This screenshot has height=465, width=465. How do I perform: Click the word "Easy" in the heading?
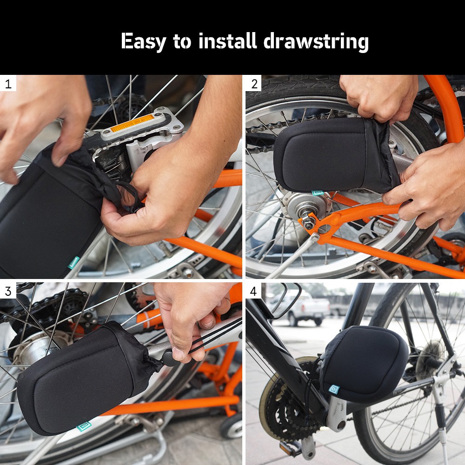pyautogui.click(x=143, y=41)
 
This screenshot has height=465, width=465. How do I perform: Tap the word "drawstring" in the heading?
pyautogui.click(x=316, y=41)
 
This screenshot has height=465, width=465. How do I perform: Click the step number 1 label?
pyautogui.click(x=8, y=84)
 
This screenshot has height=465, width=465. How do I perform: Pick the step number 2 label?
pyautogui.click(x=254, y=84)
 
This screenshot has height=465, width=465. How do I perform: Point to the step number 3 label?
pyautogui.click(x=8, y=291)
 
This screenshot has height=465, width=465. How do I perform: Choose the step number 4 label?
pyautogui.click(x=253, y=291)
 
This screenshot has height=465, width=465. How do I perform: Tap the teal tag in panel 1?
pyautogui.click(x=73, y=262)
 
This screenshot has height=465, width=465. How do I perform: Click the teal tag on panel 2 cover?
pyautogui.click(x=318, y=193)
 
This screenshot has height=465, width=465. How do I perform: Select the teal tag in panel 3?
pyautogui.click(x=84, y=427)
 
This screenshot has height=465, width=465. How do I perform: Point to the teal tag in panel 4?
pyautogui.click(x=334, y=389)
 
